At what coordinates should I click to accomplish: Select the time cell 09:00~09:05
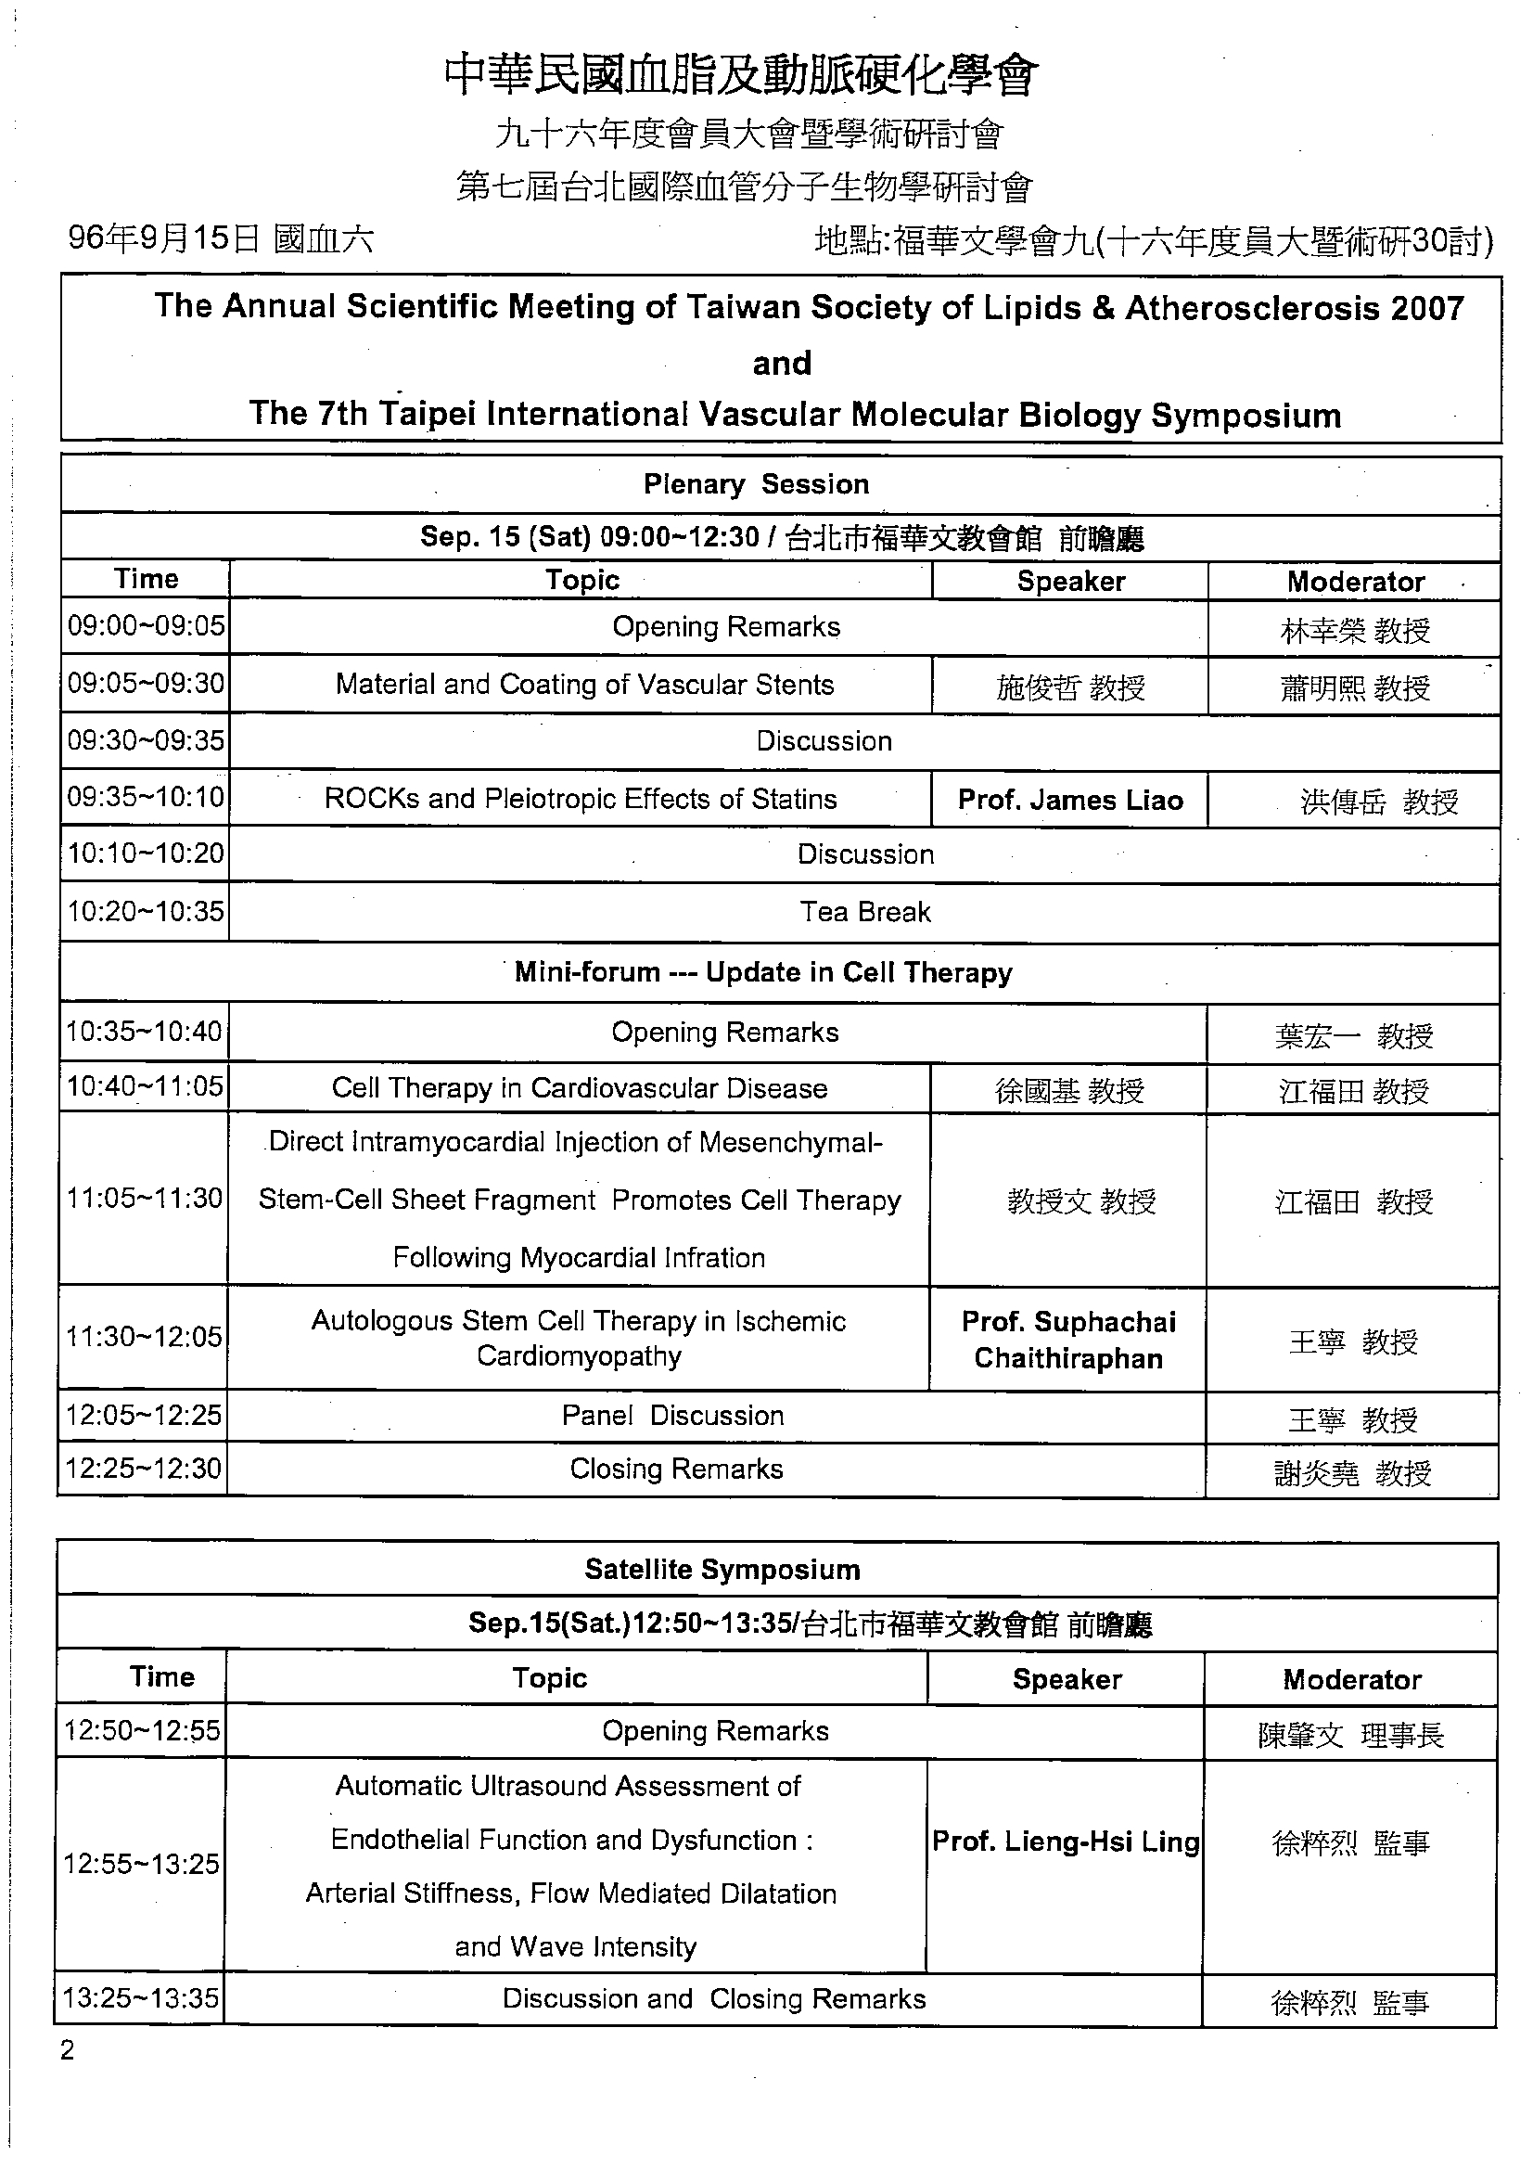[x=146, y=625]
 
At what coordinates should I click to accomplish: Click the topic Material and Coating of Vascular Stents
[x=584, y=685]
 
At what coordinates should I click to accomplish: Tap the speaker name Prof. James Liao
[x=1070, y=800]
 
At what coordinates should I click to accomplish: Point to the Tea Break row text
[x=865, y=913]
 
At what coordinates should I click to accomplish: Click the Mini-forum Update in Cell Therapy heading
[x=763, y=973]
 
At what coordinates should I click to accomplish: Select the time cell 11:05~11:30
[x=144, y=1199]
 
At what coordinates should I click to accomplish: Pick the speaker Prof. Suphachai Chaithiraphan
[x=1068, y=1340]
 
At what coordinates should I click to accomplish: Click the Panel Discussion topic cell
[x=672, y=1415]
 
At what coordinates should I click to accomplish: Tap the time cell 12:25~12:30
[x=143, y=1469]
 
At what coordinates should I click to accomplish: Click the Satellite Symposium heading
[x=722, y=1570]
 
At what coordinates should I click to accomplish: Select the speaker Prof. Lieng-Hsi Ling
[x=1066, y=1842]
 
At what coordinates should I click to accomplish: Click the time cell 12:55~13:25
[x=141, y=1864]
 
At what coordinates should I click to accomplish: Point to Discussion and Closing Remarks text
[x=714, y=1999]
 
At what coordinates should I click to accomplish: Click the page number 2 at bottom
[x=67, y=2051]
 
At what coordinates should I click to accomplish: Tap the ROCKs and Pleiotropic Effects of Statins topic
[x=580, y=799]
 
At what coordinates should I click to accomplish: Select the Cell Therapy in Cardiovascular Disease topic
[x=579, y=1088]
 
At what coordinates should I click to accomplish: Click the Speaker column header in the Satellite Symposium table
[x=1067, y=1680]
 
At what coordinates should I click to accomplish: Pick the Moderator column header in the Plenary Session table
[x=1356, y=582]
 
